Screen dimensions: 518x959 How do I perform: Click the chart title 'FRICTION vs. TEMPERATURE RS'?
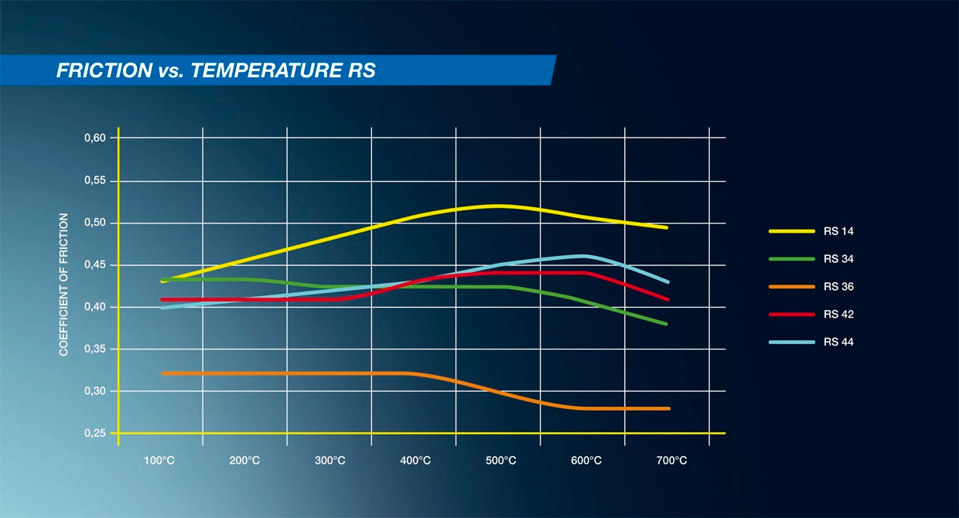click(216, 71)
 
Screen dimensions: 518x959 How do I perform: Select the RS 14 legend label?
click(838, 231)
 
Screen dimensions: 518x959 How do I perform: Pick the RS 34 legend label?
click(838, 259)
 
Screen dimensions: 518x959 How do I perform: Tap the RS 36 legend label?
click(838, 287)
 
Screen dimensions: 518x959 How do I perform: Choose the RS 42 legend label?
click(838, 315)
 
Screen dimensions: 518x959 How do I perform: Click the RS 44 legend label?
click(838, 342)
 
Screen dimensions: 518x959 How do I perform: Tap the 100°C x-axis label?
click(159, 461)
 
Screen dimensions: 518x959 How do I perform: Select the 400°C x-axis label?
click(415, 461)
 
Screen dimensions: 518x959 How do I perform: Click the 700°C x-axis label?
click(671, 461)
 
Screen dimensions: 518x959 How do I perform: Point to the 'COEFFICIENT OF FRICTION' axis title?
click(64, 285)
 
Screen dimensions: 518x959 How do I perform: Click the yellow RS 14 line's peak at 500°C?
click(498, 206)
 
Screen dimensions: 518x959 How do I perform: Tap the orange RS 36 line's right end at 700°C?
click(667, 408)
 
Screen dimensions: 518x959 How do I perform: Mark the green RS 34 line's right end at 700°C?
click(666, 324)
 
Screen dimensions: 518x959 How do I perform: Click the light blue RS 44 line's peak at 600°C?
click(584, 255)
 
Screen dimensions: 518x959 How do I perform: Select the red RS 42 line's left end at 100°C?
click(162, 299)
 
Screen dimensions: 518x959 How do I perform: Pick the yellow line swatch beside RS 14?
click(791, 231)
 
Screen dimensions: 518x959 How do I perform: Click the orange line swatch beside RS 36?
click(791, 287)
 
